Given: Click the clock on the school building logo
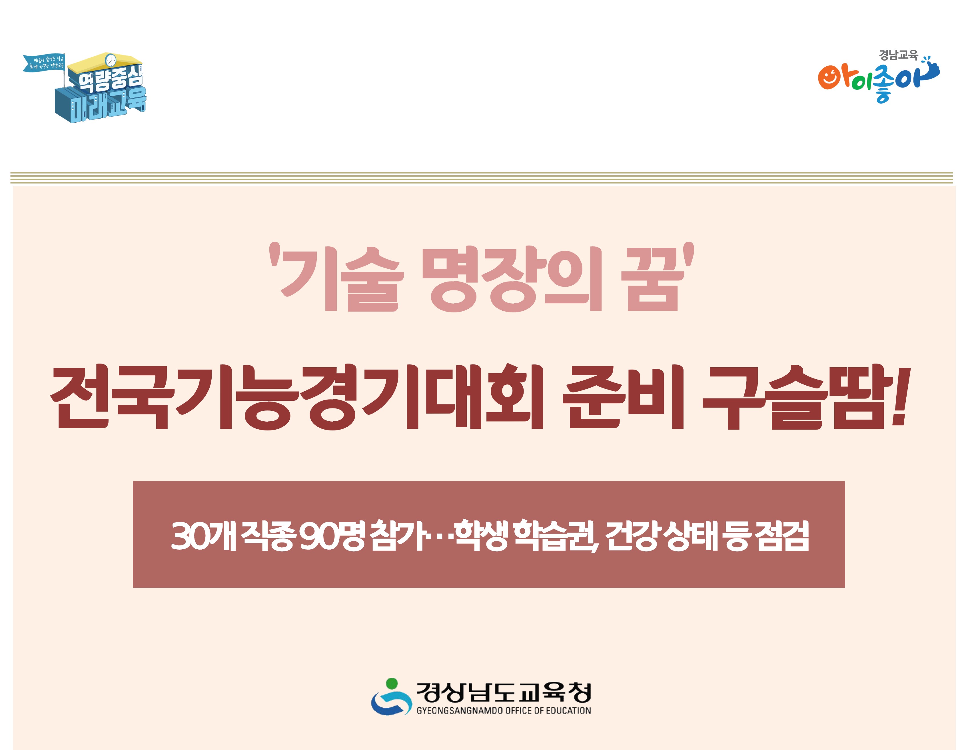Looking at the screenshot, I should point(111,60).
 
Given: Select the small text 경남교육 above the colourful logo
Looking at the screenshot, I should point(898,55).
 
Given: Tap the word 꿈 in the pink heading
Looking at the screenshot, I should point(653,279).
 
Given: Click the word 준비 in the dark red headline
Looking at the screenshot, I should point(623,397).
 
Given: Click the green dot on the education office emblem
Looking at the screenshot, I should point(392,684).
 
